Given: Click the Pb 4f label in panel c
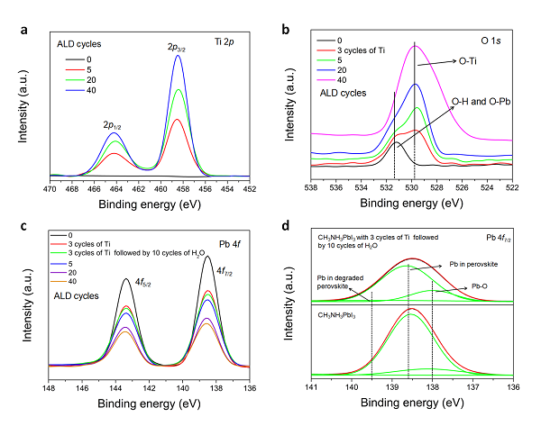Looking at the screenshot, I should coord(225,234).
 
